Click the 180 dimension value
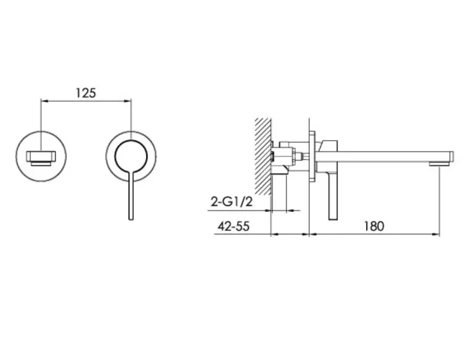(x=373, y=226)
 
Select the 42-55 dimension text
(x=229, y=226)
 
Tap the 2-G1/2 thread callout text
(x=230, y=202)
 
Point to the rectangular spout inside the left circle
(x=41, y=156)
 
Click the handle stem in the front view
(x=131, y=193)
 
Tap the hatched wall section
(x=262, y=155)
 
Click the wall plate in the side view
(x=312, y=155)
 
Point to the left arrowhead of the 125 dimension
(x=44, y=100)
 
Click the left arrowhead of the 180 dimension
(x=313, y=234)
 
